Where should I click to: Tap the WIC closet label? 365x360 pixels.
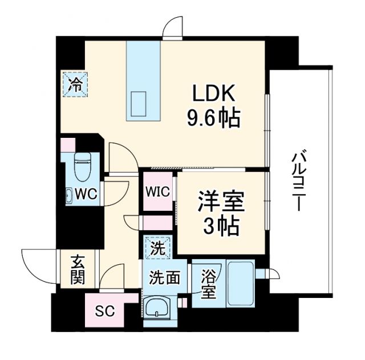[157, 191]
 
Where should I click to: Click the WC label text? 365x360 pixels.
[86, 193]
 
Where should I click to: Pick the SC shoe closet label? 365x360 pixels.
[104, 311]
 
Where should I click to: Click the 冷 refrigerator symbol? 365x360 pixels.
[74, 85]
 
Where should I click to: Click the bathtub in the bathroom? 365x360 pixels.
[240, 283]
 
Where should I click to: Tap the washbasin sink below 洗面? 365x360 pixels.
[157, 309]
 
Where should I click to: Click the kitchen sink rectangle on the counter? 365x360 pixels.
[141, 104]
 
